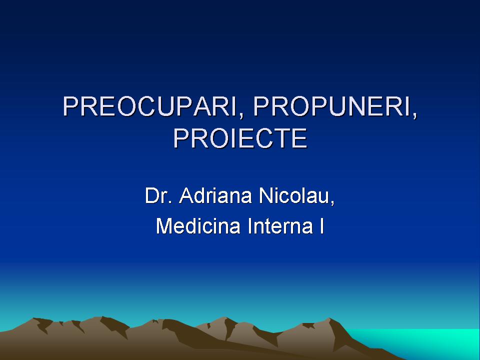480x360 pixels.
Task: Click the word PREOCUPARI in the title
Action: pyautogui.click(x=149, y=106)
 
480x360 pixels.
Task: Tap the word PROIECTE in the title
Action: pyautogui.click(x=240, y=138)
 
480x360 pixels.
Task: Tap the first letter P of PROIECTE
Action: pyautogui.click(x=181, y=138)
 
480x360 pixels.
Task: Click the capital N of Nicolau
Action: pyautogui.click(x=265, y=195)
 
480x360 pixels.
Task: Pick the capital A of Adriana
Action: pyautogui.click(x=186, y=195)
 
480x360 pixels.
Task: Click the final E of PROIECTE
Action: pyautogui.click(x=299, y=138)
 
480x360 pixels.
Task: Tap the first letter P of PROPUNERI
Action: pyautogui.click(x=260, y=106)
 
